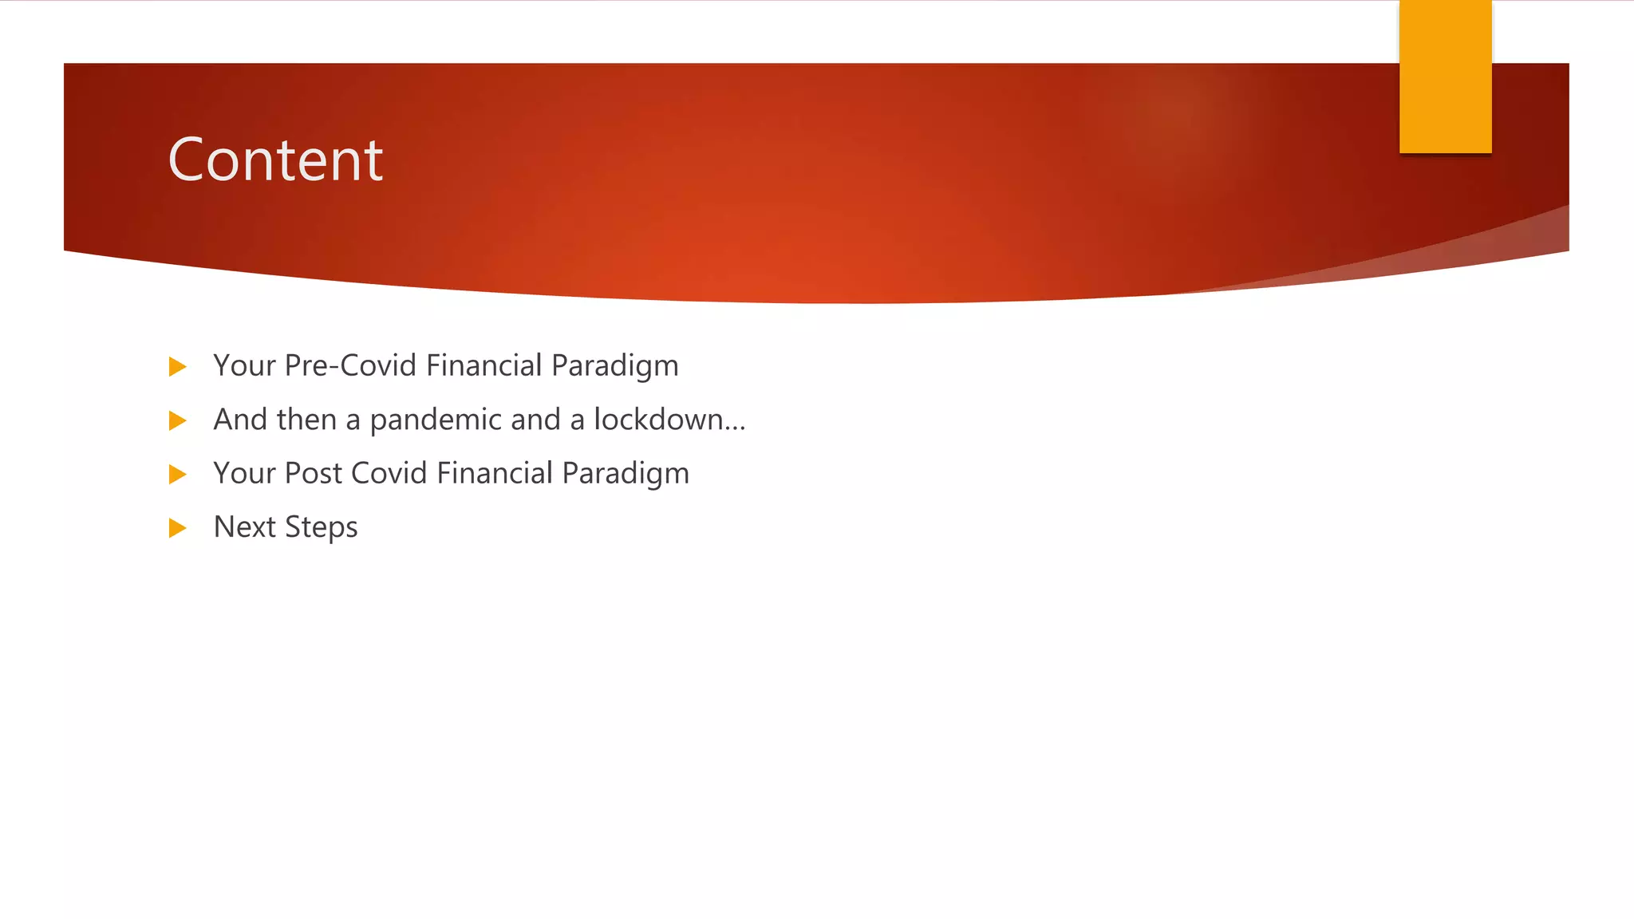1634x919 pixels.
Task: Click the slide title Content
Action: pos(275,160)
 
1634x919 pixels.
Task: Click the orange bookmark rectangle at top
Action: pos(1445,76)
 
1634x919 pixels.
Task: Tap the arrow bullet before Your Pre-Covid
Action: pos(177,367)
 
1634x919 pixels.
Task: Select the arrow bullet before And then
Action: pos(177,420)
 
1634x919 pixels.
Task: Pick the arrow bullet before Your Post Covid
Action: pos(177,475)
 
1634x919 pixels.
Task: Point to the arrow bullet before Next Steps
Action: pos(177,528)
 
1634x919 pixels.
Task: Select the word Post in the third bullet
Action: pos(314,473)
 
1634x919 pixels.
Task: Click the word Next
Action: pos(244,527)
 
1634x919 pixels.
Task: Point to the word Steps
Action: pos(321,528)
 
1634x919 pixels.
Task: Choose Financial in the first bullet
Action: pos(484,365)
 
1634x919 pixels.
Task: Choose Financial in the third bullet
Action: pos(495,473)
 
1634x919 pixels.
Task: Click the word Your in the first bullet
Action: pos(244,365)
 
